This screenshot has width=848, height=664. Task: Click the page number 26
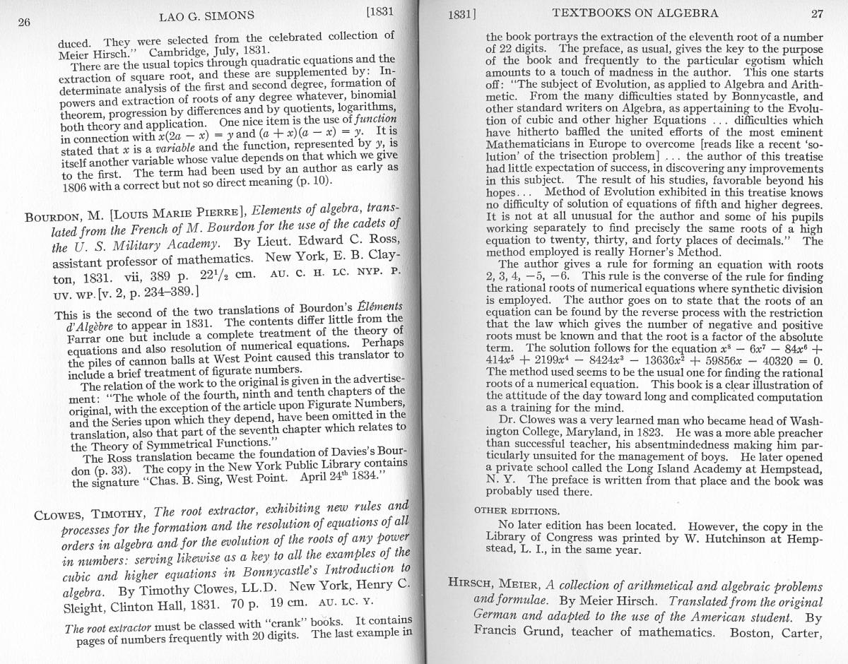24,22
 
